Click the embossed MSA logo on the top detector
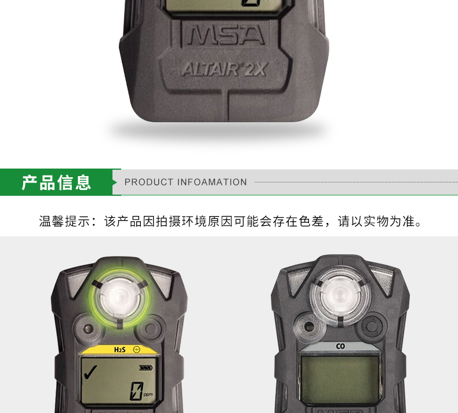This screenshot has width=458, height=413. [226, 35]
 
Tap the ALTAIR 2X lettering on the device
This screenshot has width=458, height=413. [224, 70]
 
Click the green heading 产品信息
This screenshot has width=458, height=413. [56, 182]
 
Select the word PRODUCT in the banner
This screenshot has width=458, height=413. [149, 182]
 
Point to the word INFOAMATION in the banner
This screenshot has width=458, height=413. [212, 182]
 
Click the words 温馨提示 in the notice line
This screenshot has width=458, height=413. [65, 221]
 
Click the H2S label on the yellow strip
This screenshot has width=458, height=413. [119, 349]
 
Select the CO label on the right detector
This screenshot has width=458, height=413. [340, 346]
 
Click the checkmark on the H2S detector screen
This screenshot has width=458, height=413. [90, 372]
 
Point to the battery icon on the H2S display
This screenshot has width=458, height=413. [146, 368]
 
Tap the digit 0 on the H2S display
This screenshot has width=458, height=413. [136, 391]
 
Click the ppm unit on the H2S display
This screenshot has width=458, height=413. [148, 394]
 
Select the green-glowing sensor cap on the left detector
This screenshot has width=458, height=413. [119, 297]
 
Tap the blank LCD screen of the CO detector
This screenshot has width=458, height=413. [340, 379]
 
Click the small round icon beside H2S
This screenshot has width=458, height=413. [136, 349]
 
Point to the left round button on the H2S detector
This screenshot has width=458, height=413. [88, 329]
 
